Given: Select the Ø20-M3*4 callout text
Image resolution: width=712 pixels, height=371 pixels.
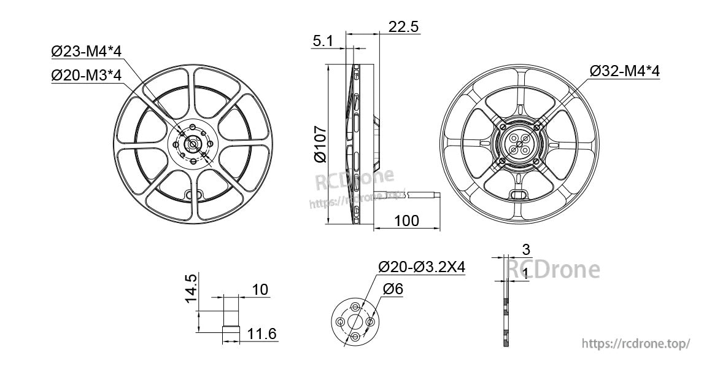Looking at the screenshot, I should click(x=87, y=75).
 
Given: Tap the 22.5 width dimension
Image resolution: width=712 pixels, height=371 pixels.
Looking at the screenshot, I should click(x=403, y=26).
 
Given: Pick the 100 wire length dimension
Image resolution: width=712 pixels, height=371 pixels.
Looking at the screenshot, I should click(x=406, y=220).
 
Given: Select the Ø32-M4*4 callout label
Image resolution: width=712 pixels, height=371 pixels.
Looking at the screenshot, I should click(x=624, y=71).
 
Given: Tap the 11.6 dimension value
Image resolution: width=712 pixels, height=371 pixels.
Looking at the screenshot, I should click(x=263, y=334).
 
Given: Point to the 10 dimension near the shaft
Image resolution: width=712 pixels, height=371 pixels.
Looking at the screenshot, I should click(x=260, y=290).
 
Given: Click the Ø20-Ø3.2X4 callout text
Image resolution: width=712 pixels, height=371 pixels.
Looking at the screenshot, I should click(x=422, y=267).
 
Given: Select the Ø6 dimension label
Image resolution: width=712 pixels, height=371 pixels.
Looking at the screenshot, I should click(x=393, y=289).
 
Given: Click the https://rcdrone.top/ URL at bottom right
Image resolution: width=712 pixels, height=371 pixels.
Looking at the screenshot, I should click(x=636, y=344).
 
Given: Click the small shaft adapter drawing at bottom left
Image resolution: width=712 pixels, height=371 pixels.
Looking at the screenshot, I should click(x=230, y=316).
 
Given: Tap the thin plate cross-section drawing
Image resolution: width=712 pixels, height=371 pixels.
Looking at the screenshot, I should click(x=505, y=313).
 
